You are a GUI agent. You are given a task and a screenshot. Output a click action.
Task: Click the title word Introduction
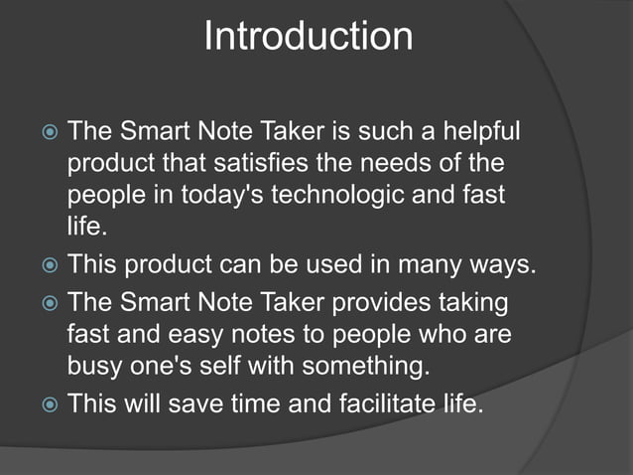click(308, 37)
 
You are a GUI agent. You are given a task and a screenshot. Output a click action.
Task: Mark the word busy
click(94, 365)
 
